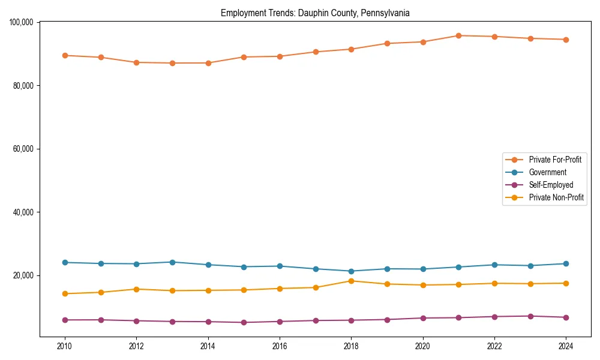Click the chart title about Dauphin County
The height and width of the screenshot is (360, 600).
[x=315, y=13]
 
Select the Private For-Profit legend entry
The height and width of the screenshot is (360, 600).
[x=555, y=160]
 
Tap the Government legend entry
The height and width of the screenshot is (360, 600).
[x=547, y=172]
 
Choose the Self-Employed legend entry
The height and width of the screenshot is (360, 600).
[x=551, y=185]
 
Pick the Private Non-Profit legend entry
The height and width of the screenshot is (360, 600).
[x=556, y=197]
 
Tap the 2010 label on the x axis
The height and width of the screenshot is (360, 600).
[x=65, y=346]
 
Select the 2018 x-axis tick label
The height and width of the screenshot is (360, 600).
[x=352, y=346]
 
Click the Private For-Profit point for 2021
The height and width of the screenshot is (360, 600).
[x=458, y=35]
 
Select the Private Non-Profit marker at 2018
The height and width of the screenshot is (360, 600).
[x=351, y=281]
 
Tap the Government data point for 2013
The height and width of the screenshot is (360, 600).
[x=172, y=262]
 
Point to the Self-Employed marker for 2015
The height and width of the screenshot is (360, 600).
[x=244, y=322]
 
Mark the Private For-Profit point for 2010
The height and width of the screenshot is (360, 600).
[x=65, y=55]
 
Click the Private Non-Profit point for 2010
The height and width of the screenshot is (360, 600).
[x=65, y=293]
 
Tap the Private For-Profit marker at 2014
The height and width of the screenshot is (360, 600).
[x=208, y=63]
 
